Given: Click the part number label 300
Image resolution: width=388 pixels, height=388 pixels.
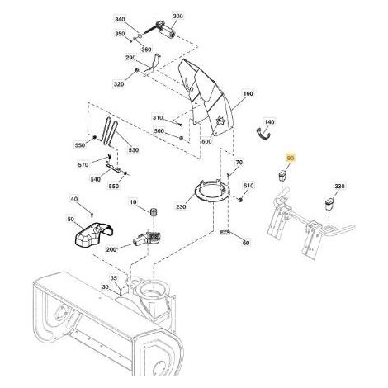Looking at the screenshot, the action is [x=177, y=17].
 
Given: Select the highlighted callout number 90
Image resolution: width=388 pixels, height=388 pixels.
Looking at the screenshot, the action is [x=291, y=159].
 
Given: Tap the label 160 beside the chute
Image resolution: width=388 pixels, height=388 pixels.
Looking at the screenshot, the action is [x=248, y=93].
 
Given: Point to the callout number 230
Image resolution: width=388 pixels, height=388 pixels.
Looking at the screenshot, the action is [x=181, y=206].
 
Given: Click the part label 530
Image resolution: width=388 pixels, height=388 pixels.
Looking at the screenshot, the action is [x=134, y=150].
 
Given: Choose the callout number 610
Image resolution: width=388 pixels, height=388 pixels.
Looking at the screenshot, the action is [x=248, y=186].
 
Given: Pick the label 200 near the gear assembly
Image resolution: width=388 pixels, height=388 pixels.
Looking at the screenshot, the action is [x=111, y=249].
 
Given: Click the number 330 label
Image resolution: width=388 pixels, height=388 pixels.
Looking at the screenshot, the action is [x=339, y=187].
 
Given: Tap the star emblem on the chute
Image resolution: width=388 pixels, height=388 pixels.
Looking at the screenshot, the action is [x=220, y=121].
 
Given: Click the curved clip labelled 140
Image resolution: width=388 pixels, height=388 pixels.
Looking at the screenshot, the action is [x=263, y=135].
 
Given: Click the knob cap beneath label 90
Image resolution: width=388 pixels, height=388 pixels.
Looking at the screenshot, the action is [x=282, y=176].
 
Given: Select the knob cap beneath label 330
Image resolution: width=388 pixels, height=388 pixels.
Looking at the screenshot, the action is [x=329, y=204].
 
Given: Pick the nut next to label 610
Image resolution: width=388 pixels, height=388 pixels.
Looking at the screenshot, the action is [x=240, y=200].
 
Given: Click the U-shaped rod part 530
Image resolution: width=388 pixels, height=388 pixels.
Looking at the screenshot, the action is [x=110, y=131].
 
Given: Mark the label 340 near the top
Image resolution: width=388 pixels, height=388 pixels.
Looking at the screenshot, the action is [x=120, y=20].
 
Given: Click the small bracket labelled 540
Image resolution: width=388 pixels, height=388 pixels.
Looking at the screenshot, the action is [x=113, y=167].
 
